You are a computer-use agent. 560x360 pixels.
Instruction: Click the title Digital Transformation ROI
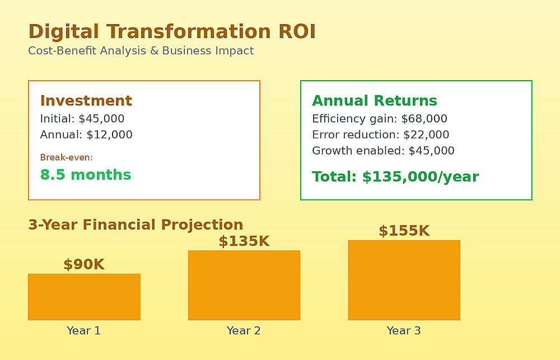pyautogui.click(x=172, y=31)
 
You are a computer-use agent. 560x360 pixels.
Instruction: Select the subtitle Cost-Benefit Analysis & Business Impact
pyautogui.click(x=141, y=51)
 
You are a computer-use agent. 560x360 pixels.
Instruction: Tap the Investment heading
pyautogui.click(x=86, y=101)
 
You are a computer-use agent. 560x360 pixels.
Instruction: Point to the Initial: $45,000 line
pyautogui.click(x=82, y=119)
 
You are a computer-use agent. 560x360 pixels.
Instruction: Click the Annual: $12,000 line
pyautogui.click(x=86, y=134)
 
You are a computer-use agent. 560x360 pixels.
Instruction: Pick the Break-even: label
pyautogui.click(x=67, y=157)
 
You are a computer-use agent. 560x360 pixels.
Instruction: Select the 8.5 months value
pyautogui.click(x=86, y=175)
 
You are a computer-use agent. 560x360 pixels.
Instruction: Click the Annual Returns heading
pyautogui.click(x=374, y=101)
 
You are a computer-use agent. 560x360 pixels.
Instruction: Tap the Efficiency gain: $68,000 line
pyautogui.click(x=379, y=119)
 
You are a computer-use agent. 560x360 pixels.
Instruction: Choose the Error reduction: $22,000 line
pyautogui.click(x=380, y=134)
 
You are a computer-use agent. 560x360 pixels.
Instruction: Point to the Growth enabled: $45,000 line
pyautogui.click(x=383, y=151)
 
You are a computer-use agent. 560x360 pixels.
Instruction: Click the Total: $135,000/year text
pyautogui.click(x=395, y=177)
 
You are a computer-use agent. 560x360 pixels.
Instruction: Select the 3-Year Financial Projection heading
pyautogui.click(x=136, y=225)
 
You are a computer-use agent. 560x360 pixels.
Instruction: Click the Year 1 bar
pyautogui.click(x=85, y=297)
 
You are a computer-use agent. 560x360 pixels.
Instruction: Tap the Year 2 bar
pyautogui.click(x=244, y=285)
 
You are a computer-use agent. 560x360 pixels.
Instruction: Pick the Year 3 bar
pyautogui.click(x=404, y=280)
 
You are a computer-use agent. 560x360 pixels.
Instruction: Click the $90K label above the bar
pyautogui.click(x=84, y=265)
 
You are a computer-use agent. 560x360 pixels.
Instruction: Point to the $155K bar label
pyautogui.click(x=404, y=231)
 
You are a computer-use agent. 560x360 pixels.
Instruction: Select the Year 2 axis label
pyautogui.click(x=244, y=331)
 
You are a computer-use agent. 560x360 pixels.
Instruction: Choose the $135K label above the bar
pyautogui.click(x=244, y=241)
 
